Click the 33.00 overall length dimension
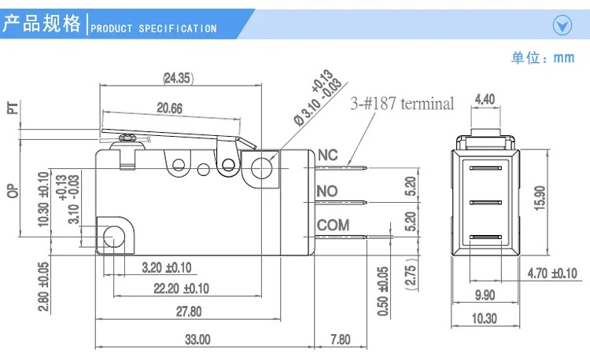197,340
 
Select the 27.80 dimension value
189,311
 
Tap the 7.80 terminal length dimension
341,340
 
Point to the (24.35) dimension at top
178,78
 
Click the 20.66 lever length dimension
170,108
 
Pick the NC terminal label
328,155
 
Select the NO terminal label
327,191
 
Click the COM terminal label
333,225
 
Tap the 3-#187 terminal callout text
402,103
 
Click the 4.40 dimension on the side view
485,99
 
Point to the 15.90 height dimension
540,198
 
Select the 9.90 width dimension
485,295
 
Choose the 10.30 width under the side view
485,318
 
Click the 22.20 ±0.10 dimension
182,288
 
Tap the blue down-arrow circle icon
562,26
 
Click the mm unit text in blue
564,58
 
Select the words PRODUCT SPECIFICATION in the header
153,28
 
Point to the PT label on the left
13,108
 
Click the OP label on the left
13,191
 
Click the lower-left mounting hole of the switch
113,237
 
